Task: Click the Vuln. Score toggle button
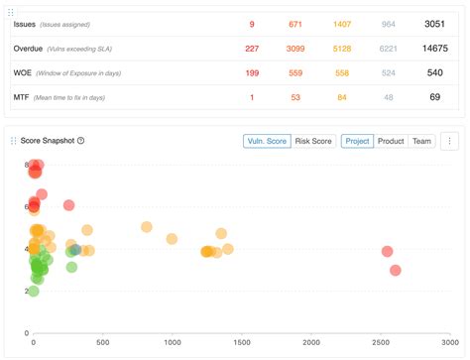point(266,141)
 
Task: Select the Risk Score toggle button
point(314,141)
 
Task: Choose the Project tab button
point(357,141)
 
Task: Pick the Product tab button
point(391,141)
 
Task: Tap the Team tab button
point(422,141)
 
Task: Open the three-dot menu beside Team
point(449,141)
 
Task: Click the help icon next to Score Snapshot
point(81,141)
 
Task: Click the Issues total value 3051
point(434,23)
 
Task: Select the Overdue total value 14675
point(434,48)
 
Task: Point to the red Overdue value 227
point(252,48)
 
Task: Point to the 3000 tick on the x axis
point(449,342)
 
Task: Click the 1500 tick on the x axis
point(241,342)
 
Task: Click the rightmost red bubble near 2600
point(396,270)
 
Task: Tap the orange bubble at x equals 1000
point(172,238)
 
